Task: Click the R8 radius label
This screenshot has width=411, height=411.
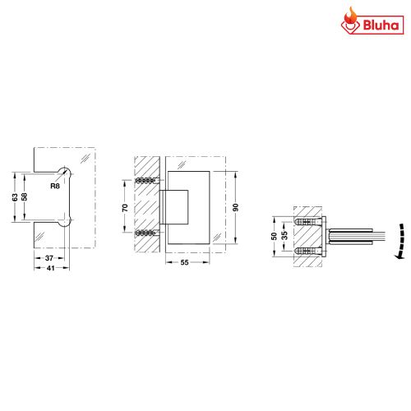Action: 54,187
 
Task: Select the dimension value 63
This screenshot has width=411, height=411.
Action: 14,197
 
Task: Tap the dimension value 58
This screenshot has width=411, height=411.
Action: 25,197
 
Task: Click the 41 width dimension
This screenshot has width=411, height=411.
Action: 49,268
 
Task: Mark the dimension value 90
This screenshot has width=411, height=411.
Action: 235,207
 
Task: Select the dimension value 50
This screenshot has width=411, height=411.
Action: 274,236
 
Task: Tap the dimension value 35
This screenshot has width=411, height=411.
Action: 284,236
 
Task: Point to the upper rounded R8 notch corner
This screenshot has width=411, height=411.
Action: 66,171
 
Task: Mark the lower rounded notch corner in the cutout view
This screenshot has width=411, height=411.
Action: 66,223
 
